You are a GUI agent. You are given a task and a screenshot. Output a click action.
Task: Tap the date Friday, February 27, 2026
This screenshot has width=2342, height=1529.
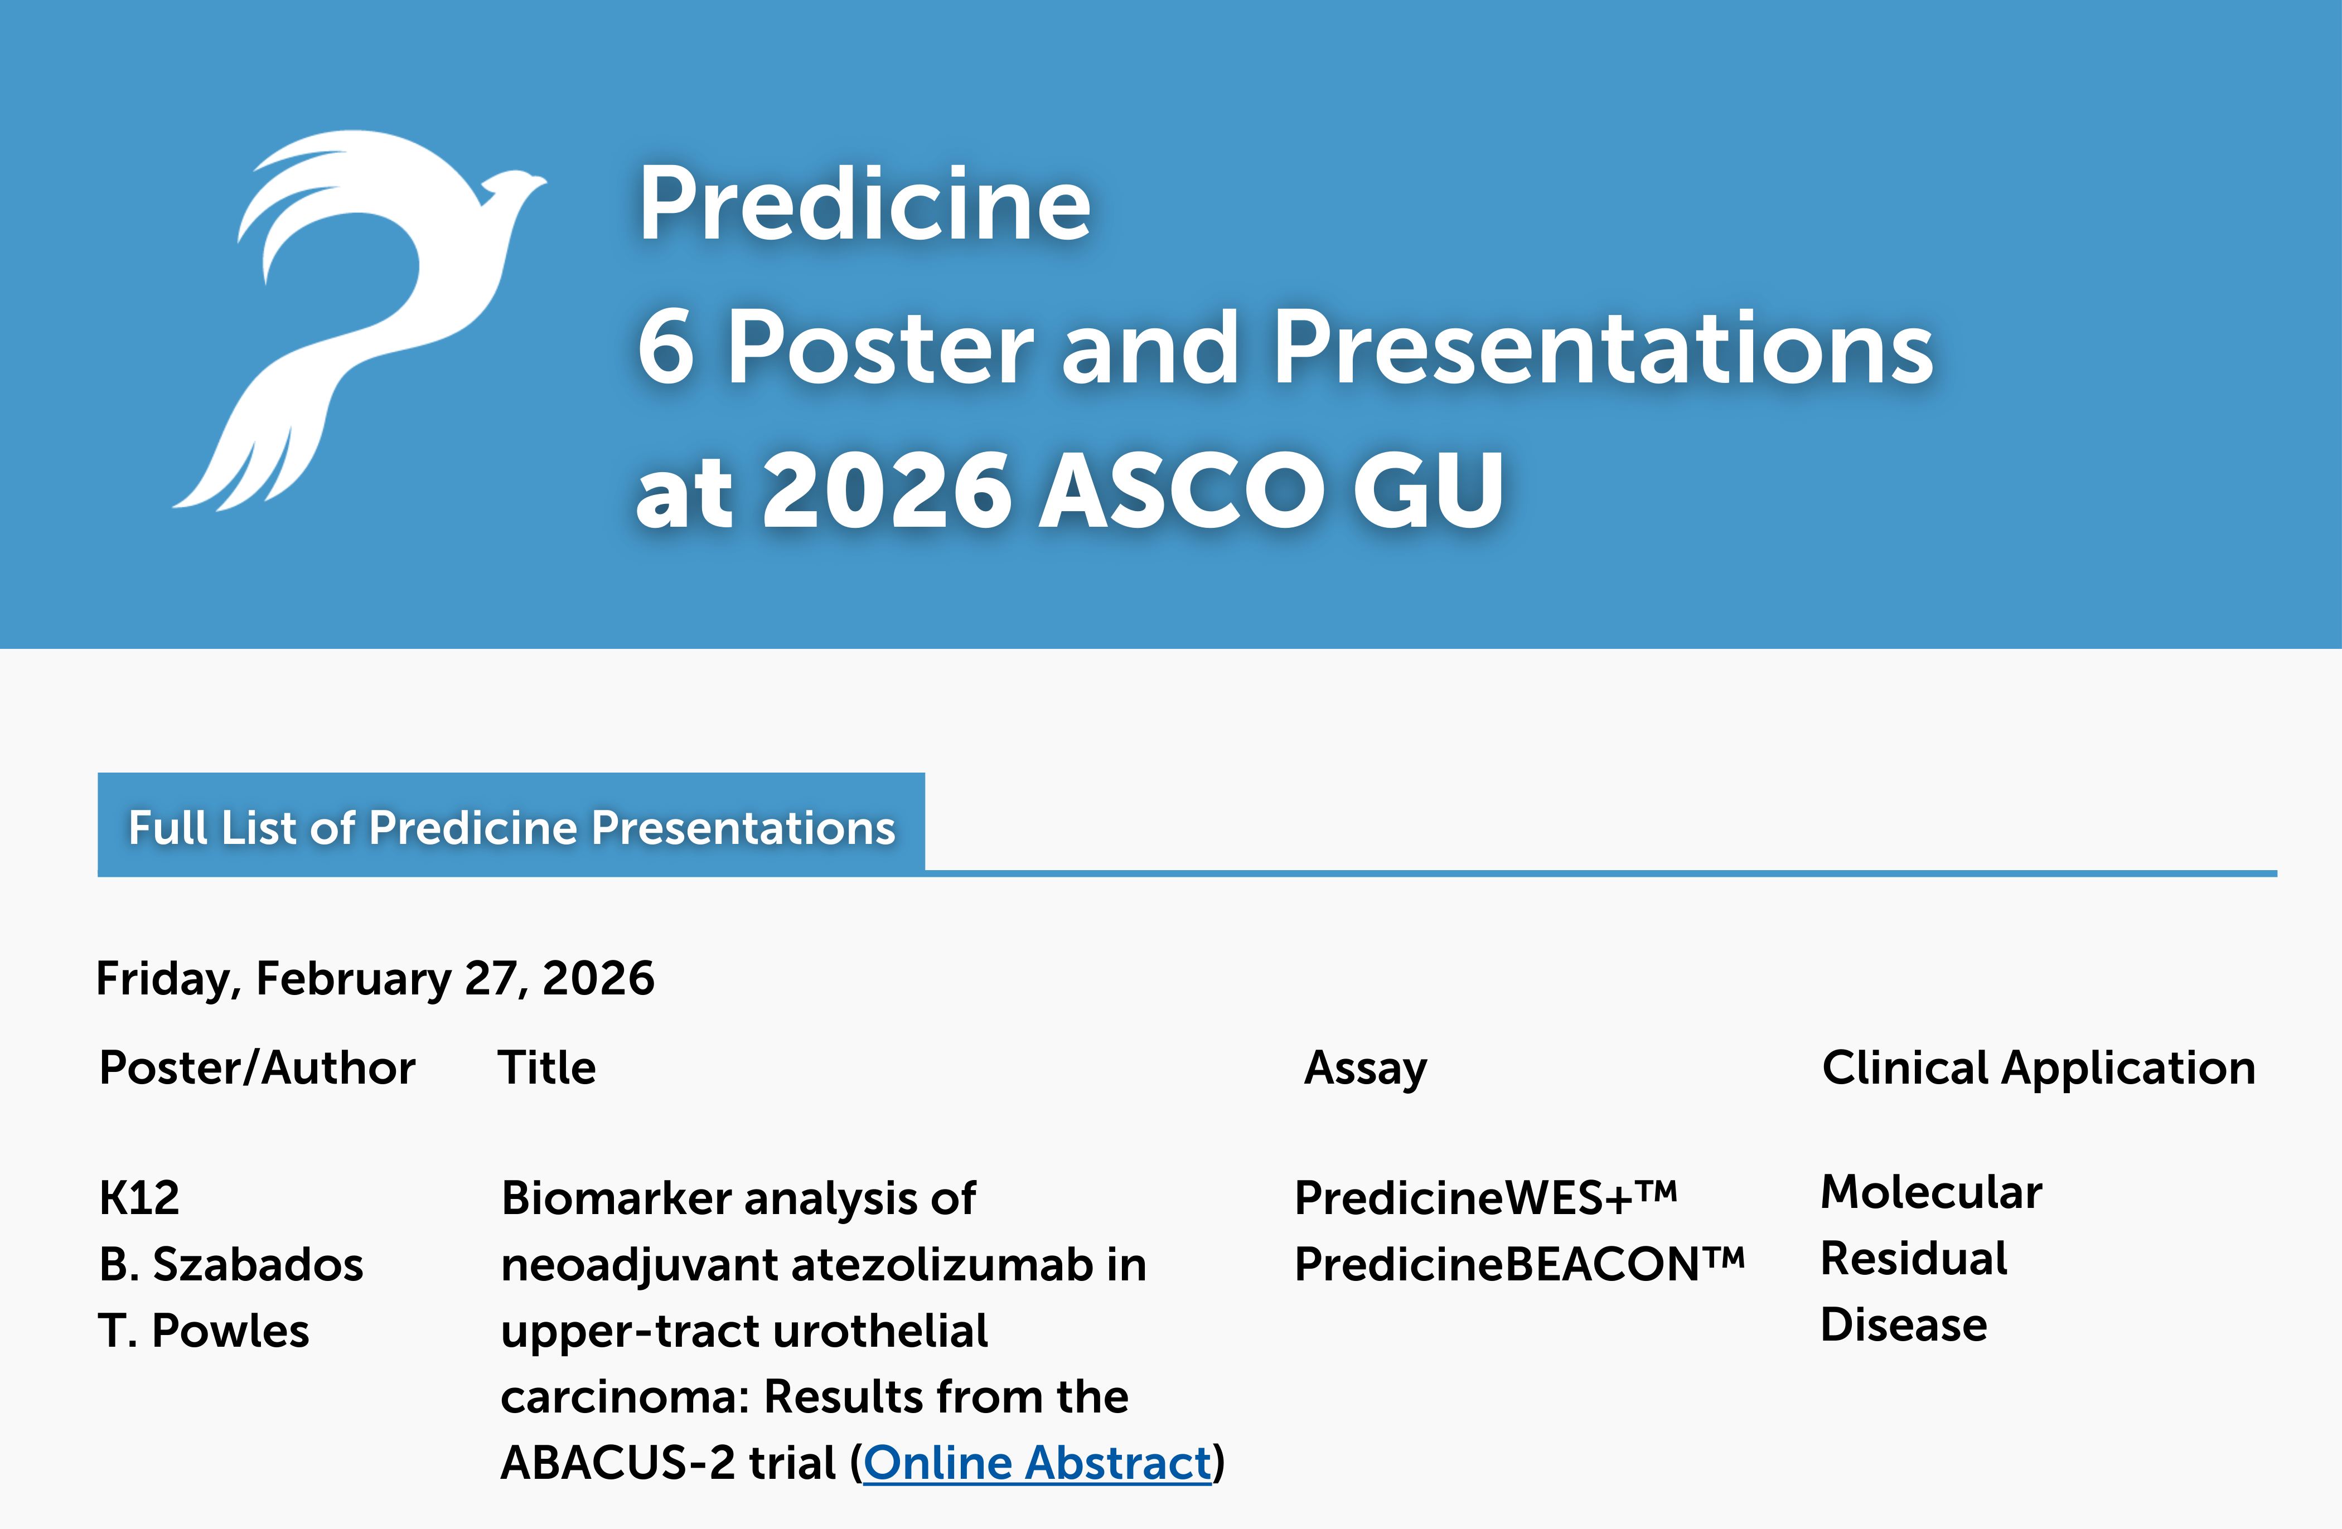click(x=375, y=979)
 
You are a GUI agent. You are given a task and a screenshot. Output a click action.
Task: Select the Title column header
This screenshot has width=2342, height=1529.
click(x=547, y=1067)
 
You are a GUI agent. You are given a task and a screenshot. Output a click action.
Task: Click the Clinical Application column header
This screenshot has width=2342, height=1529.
click(x=2039, y=1069)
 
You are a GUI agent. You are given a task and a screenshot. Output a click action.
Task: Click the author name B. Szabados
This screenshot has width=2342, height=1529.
click(x=231, y=1264)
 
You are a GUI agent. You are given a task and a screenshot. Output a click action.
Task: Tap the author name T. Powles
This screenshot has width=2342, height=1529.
click(x=204, y=1330)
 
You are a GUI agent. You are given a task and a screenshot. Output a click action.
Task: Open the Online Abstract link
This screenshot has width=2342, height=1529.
click(x=1037, y=1463)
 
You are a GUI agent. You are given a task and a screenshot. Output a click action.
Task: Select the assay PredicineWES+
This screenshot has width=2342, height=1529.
click(x=1486, y=1197)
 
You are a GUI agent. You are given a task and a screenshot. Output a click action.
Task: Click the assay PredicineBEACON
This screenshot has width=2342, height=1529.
click(x=1520, y=1264)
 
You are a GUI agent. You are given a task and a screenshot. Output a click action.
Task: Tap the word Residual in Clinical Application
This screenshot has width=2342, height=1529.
click(x=1914, y=1259)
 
